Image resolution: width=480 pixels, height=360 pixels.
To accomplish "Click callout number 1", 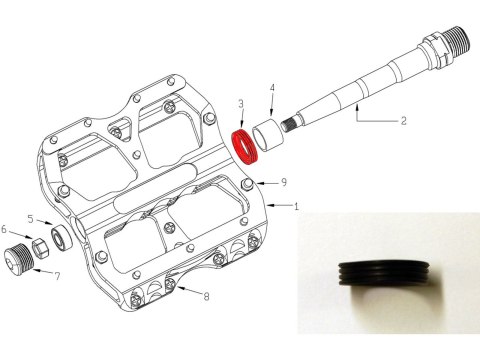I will [x=295, y=205].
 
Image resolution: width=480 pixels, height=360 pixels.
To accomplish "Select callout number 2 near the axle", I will [x=403, y=121].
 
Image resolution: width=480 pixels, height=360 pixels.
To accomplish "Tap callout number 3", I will [x=241, y=103].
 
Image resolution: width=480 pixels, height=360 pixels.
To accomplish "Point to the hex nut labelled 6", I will [x=42, y=244].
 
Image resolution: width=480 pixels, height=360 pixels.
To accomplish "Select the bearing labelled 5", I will [x=61, y=237].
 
